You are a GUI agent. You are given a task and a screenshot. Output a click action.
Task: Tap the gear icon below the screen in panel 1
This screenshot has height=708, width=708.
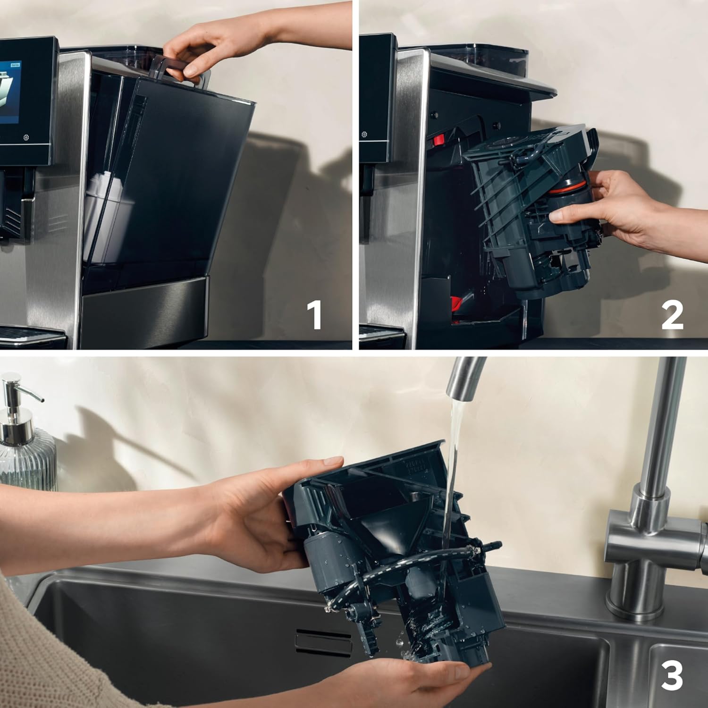click(x=26, y=138)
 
